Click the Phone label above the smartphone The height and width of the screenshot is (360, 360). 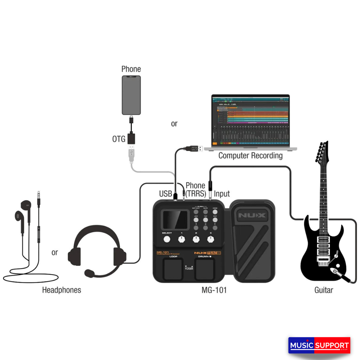pos(131,69)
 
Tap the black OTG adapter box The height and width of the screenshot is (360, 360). pos(131,138)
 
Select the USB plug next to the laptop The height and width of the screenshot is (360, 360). pos(194,148)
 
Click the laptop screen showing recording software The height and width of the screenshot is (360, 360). pos(250,120)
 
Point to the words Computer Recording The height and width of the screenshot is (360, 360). pos(250,155)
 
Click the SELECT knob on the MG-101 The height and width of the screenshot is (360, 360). pos(167,239)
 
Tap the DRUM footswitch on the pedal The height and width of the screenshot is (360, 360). pos(205,270)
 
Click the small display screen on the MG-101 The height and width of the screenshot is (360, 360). pos(174,220)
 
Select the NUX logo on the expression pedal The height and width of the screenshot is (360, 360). pos(252,215)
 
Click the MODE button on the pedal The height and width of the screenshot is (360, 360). pos(215,211)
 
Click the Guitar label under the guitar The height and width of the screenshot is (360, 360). pos(324,290)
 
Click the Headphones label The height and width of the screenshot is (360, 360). pos(62,290)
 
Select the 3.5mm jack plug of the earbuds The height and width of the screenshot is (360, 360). pos(39,196)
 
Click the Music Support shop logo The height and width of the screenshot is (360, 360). pos(319,345)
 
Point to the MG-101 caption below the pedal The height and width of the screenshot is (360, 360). pos(214,290)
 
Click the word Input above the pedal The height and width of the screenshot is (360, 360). pos(222,194)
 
